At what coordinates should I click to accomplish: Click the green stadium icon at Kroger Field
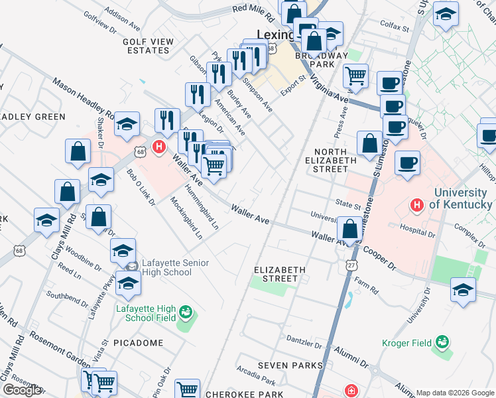coord(442,343)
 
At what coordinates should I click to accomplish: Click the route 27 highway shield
coord(350,265)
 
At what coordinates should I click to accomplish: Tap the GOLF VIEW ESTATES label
coord(148,46)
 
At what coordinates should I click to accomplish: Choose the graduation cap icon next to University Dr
coord(463,289)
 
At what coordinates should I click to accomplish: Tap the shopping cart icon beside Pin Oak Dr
coord(188,389)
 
